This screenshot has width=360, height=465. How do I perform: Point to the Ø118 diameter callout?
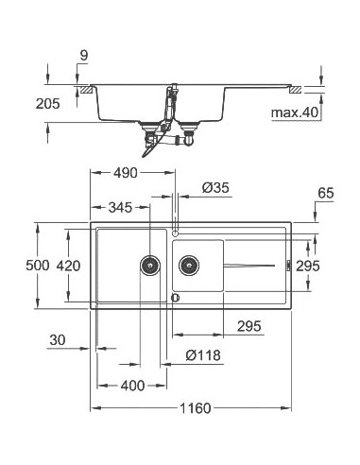pyautogui.click(x=202, y=356)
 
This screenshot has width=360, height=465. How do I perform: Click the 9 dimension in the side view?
pyautogui.click(x=83, y=56)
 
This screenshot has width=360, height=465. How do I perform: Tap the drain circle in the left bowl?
pyautogui.click(x=148, y=266)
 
